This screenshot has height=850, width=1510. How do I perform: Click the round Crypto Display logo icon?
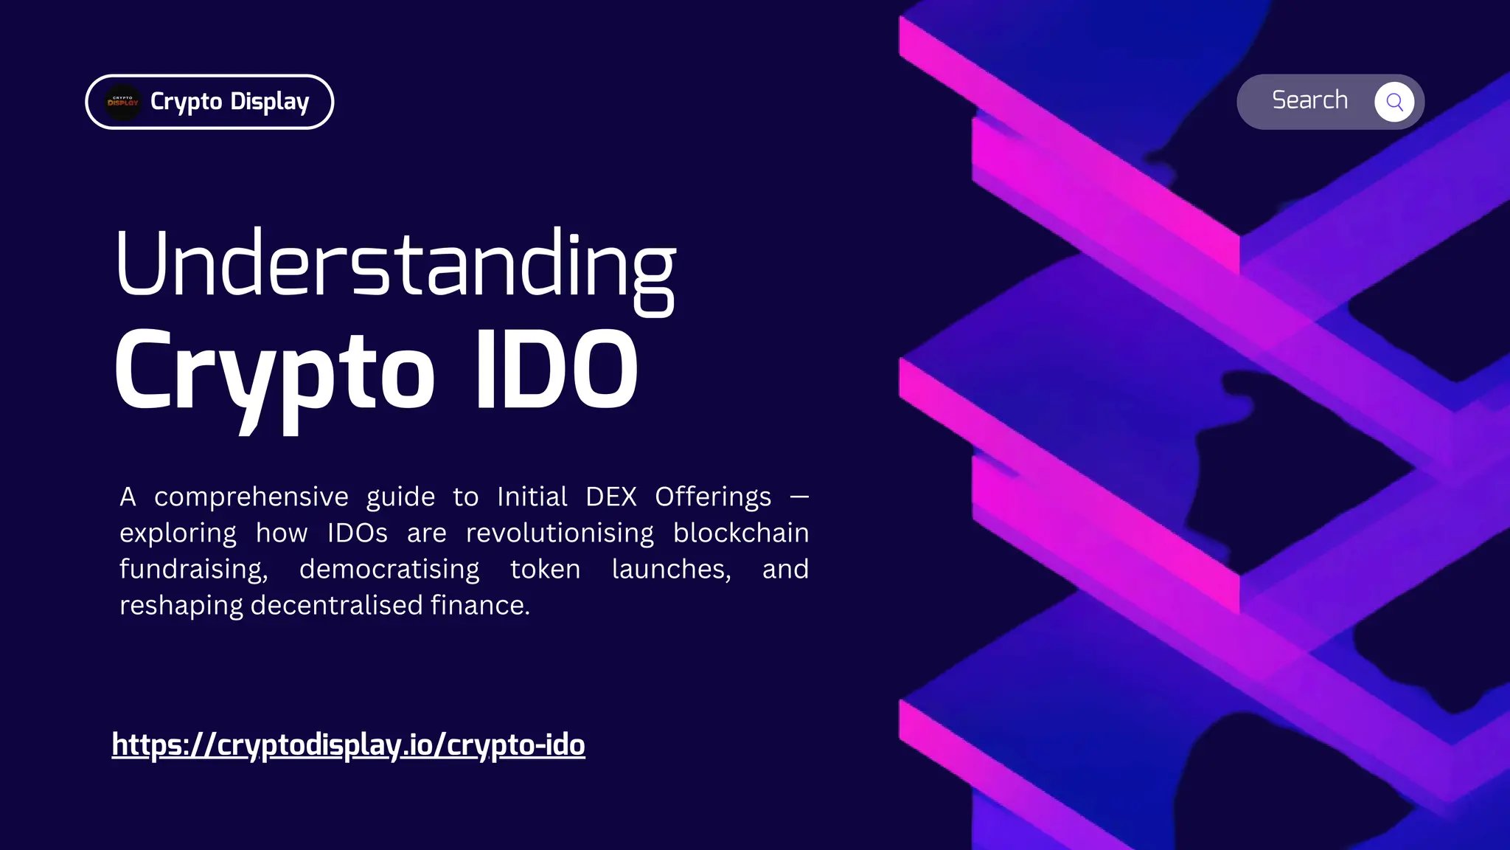(x=123, y=102)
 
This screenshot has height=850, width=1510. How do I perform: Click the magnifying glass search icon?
(x=1394, y=102)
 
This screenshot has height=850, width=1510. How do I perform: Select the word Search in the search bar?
(x=1309, y=100)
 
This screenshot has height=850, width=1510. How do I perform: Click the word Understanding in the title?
(x=395, y=270)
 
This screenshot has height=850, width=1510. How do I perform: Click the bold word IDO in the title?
(x=557, y=368)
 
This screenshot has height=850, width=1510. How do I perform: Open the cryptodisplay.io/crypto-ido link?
(x=349, y=745)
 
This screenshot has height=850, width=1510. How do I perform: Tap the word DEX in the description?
(x=611, y=497)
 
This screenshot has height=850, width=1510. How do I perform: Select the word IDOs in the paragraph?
(x=358, y=533)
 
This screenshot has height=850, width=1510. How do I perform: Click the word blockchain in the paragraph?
(x=741, y=533)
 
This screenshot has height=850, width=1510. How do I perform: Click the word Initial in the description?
(x=532, y=497)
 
